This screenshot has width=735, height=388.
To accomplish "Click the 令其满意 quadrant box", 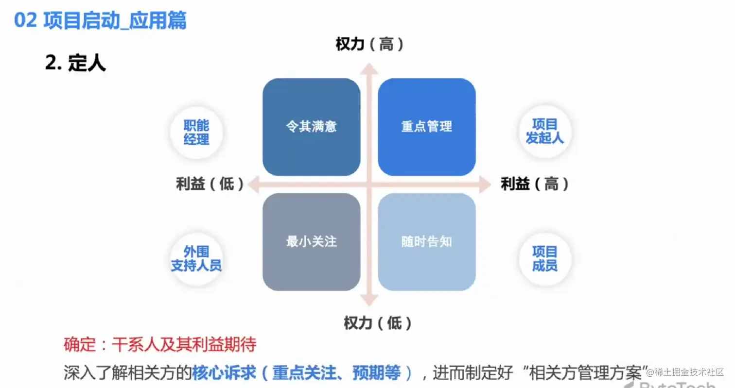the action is click(x=311, y=127).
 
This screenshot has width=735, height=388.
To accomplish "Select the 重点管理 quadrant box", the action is click(x=426, y=127).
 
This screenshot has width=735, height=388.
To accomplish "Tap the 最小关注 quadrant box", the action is click(x=311, y=242).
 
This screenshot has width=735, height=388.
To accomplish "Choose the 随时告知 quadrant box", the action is click(x=426, y=242).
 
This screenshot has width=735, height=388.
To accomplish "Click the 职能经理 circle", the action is click(x=196, y=133).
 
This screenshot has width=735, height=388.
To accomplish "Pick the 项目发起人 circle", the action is click(x=544, y=131).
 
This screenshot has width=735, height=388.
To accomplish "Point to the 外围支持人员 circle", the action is click(x=196, y=258).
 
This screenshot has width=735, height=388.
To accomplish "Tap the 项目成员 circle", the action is click(x=544, y=258).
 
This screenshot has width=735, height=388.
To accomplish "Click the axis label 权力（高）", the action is click(x=369, y=45).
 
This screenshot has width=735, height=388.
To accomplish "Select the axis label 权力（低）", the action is click(x=378, y=323).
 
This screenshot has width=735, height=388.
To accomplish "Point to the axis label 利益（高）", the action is click(x=534, y=185).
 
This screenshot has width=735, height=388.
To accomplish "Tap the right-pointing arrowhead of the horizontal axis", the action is click(x=485, y=185).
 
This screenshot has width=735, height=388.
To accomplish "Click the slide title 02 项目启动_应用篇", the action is click(x=100, y=21).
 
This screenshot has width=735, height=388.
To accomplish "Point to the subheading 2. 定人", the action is click(x=75, y=63).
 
